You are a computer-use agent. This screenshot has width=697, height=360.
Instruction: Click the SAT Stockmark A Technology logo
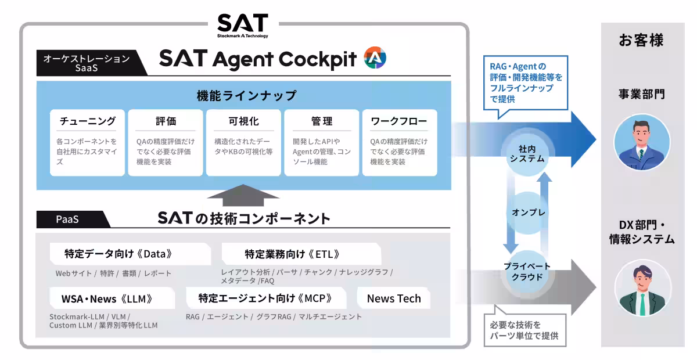coord(243,26)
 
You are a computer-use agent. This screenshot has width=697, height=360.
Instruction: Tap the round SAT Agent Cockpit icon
coord(375,57)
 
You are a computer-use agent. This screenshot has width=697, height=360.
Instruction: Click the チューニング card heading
coord(88,121)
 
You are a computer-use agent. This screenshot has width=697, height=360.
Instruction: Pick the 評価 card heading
coord(166,121)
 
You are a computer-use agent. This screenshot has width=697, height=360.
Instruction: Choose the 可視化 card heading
coord(243,121)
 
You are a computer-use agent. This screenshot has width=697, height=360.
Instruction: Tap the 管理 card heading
coord(322,121)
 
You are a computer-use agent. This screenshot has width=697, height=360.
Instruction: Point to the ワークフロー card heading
coord(399,121)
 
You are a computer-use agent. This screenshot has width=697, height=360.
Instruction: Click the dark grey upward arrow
coord(243,195)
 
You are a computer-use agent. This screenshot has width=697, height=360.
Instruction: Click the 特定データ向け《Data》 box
coord(130,254)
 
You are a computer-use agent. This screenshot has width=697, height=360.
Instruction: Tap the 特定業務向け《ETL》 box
coord(301,254)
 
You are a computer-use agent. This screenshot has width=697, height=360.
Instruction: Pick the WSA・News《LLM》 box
coord(112,298)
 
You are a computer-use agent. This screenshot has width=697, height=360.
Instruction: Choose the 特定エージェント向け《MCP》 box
coord(266,298)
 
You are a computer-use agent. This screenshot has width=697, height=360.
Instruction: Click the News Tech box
coord(394,298)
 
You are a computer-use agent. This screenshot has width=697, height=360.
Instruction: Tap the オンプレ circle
coord(528,213)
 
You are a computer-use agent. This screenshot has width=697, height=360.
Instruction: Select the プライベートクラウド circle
coord(527,272)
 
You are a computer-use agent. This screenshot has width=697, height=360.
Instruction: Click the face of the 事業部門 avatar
coord(641,135)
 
